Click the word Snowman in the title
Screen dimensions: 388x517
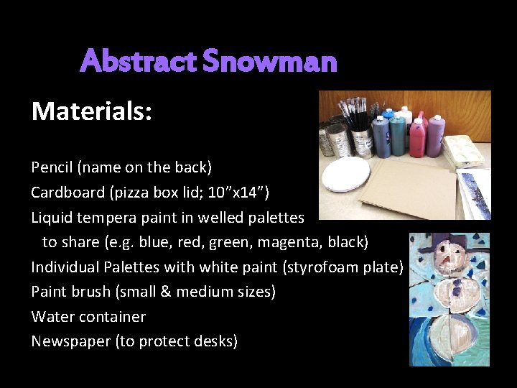click(269, 61)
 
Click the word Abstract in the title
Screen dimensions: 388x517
click(139, 61)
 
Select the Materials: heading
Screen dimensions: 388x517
click(91, 111)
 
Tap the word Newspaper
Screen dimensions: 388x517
click(70, 341)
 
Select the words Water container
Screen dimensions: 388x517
click(88, 317)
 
